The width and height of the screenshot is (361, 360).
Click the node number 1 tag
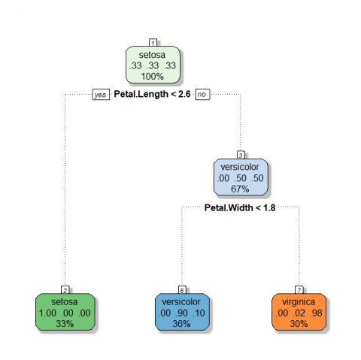tap(153, 43)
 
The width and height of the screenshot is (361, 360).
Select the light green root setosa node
tap(153, 65)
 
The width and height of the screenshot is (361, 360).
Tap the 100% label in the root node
tap(153, 77)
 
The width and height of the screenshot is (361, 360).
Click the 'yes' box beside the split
tap(101, 95)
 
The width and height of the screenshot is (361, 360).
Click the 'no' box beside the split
tap(202, 94)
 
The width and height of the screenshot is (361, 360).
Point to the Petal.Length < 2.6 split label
tap(152, 94)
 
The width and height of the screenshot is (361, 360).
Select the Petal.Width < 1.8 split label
tap(240, 207)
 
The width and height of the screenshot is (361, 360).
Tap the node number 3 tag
tap(241, 155)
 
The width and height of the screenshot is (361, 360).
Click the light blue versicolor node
tap(241, 177)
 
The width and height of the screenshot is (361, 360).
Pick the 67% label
tap(240, 189)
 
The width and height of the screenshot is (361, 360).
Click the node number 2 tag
tap(65, 290)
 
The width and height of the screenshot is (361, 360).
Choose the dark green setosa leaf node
tap(65, 312)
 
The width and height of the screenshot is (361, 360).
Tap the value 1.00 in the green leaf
tap(47, 313)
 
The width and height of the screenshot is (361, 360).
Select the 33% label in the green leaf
tap(65, 324)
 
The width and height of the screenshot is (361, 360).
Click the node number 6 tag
tap(182, 290)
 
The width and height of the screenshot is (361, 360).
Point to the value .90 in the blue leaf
tap(182, 313)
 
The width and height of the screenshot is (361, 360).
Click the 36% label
tap(181, 324)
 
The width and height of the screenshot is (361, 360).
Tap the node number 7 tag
tap(299, 290)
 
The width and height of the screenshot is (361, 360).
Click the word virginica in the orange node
tap(299, 302)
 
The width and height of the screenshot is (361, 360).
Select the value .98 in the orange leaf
tap(316, 313)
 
